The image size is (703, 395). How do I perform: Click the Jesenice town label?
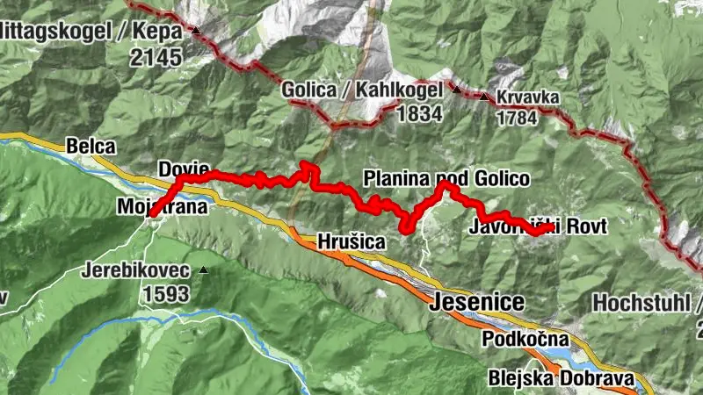tap(478, 303)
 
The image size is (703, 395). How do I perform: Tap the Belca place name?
tap(91, 147)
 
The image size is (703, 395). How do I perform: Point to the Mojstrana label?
tap(162, 207)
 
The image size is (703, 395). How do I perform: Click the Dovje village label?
tap(184, 168)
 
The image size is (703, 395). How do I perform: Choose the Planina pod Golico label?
tap(446, 179)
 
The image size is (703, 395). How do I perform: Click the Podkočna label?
tap(525, 339)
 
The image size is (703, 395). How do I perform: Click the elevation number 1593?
tap(163, 293)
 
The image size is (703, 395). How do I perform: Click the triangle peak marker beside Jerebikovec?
tap(204, 269)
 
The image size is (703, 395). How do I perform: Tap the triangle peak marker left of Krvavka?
tap(484, 96)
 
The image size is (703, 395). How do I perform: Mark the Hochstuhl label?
tap(646, 302)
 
